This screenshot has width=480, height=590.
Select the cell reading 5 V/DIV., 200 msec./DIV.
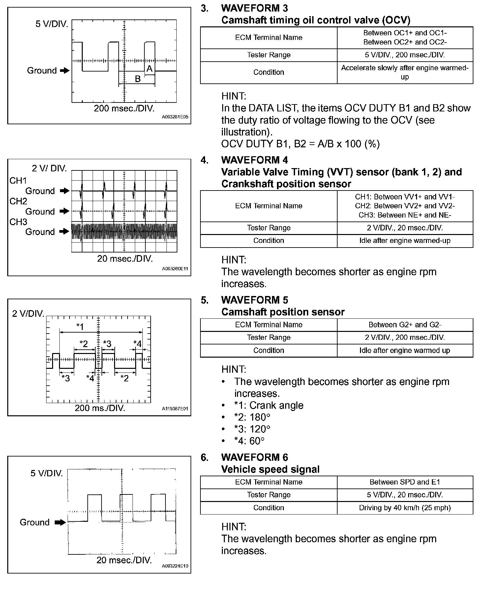pos(405,55)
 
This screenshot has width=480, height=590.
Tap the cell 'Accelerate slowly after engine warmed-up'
pos(405,72)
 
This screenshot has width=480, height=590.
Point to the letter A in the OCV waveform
pos(149,69)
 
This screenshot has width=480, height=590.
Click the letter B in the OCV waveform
pos(138,79)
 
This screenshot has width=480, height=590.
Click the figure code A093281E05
pos(175,117)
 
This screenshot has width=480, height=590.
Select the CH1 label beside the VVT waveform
pos(18,181)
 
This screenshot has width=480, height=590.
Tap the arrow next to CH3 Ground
pos(65,232)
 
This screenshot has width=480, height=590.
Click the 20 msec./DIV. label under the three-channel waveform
pos(125,259)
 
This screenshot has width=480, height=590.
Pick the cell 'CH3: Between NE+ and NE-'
pos(405,215)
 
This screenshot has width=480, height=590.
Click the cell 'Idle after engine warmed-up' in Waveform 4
pos(405,241)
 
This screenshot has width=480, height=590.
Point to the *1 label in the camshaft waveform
pos(80,327)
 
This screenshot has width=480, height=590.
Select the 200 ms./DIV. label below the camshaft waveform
pos(100,408)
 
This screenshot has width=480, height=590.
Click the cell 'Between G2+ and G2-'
pos(405,325)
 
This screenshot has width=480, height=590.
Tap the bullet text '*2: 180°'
pos(252,417)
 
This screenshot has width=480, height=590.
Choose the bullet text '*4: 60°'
pos(249,441)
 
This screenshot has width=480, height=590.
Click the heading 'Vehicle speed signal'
pos(270,469)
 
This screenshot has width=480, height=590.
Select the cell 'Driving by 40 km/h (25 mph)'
pos(405,508)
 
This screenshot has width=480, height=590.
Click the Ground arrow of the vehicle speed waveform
pos(60,522)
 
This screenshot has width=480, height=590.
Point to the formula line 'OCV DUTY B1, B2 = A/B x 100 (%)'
pos(300,144)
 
